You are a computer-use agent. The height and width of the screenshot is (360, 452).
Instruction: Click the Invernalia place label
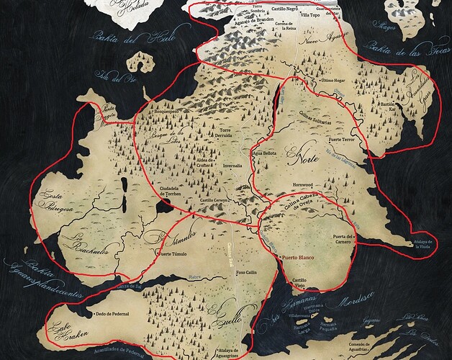click(232, 164)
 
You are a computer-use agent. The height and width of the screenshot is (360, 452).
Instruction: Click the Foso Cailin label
click(247, 273)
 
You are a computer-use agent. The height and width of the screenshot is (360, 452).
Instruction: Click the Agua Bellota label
click(264, 153)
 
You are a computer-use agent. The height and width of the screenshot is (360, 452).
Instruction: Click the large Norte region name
click(302, 153)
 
